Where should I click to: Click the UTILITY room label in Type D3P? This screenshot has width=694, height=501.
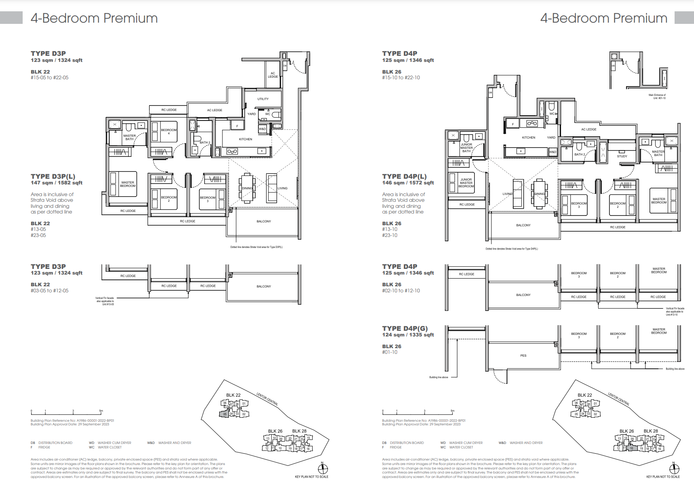[263, 99]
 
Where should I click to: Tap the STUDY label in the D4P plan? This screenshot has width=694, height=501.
[622, 156]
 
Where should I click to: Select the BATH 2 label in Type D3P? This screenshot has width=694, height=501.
[205, 142]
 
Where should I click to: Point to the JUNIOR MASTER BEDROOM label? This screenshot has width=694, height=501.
[466, 183]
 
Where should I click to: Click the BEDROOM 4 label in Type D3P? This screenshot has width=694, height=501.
[169, 131]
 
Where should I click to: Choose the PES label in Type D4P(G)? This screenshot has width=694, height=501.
[523, 355]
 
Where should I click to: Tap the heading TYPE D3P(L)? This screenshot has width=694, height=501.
[53, 176]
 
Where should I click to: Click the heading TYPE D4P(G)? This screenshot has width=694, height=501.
[405, 328]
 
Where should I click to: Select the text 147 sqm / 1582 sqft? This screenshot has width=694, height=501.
[57, 183]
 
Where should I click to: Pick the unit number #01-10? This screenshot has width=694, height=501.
[390, 352]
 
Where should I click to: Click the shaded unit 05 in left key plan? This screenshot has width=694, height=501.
[225, 414]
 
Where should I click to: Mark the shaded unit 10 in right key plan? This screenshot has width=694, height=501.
[632, 448]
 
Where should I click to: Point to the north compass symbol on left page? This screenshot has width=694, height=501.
[323, 469]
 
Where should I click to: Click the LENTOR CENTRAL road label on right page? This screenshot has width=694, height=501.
[618, 399]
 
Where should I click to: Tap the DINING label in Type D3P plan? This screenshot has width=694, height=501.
[247, 188]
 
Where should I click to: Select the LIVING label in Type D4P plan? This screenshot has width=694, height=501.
[507, 194]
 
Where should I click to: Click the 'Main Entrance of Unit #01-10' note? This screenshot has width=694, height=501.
[657, 97]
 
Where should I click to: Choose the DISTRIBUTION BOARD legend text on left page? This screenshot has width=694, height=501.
[55, 443]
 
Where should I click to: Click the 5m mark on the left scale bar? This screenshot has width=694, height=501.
[101, 411]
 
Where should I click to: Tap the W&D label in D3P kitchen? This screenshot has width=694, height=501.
[262, 129]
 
